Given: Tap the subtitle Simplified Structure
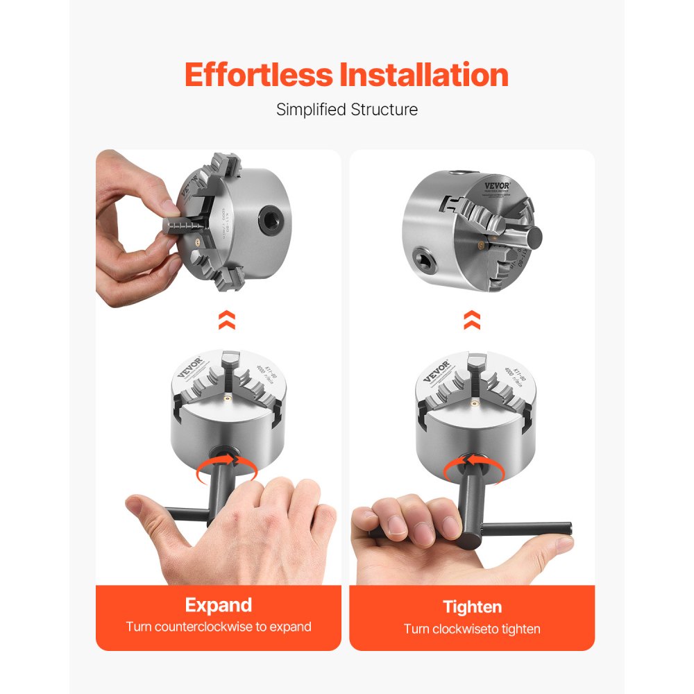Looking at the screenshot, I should coord(347,110).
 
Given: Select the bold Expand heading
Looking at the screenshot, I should coord(218,604).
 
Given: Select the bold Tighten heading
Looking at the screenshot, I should coord(472,607).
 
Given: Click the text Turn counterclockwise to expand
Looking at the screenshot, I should coord(218,627).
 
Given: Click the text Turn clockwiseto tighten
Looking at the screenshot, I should coord(472,629).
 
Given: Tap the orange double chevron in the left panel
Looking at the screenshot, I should coord(226,320).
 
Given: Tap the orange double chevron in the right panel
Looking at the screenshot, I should coord(472,320).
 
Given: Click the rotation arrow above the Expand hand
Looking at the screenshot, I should coord(226,468).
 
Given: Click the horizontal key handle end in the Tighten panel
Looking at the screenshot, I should coord(562,529).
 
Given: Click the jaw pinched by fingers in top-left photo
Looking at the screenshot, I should coord(184,226).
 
